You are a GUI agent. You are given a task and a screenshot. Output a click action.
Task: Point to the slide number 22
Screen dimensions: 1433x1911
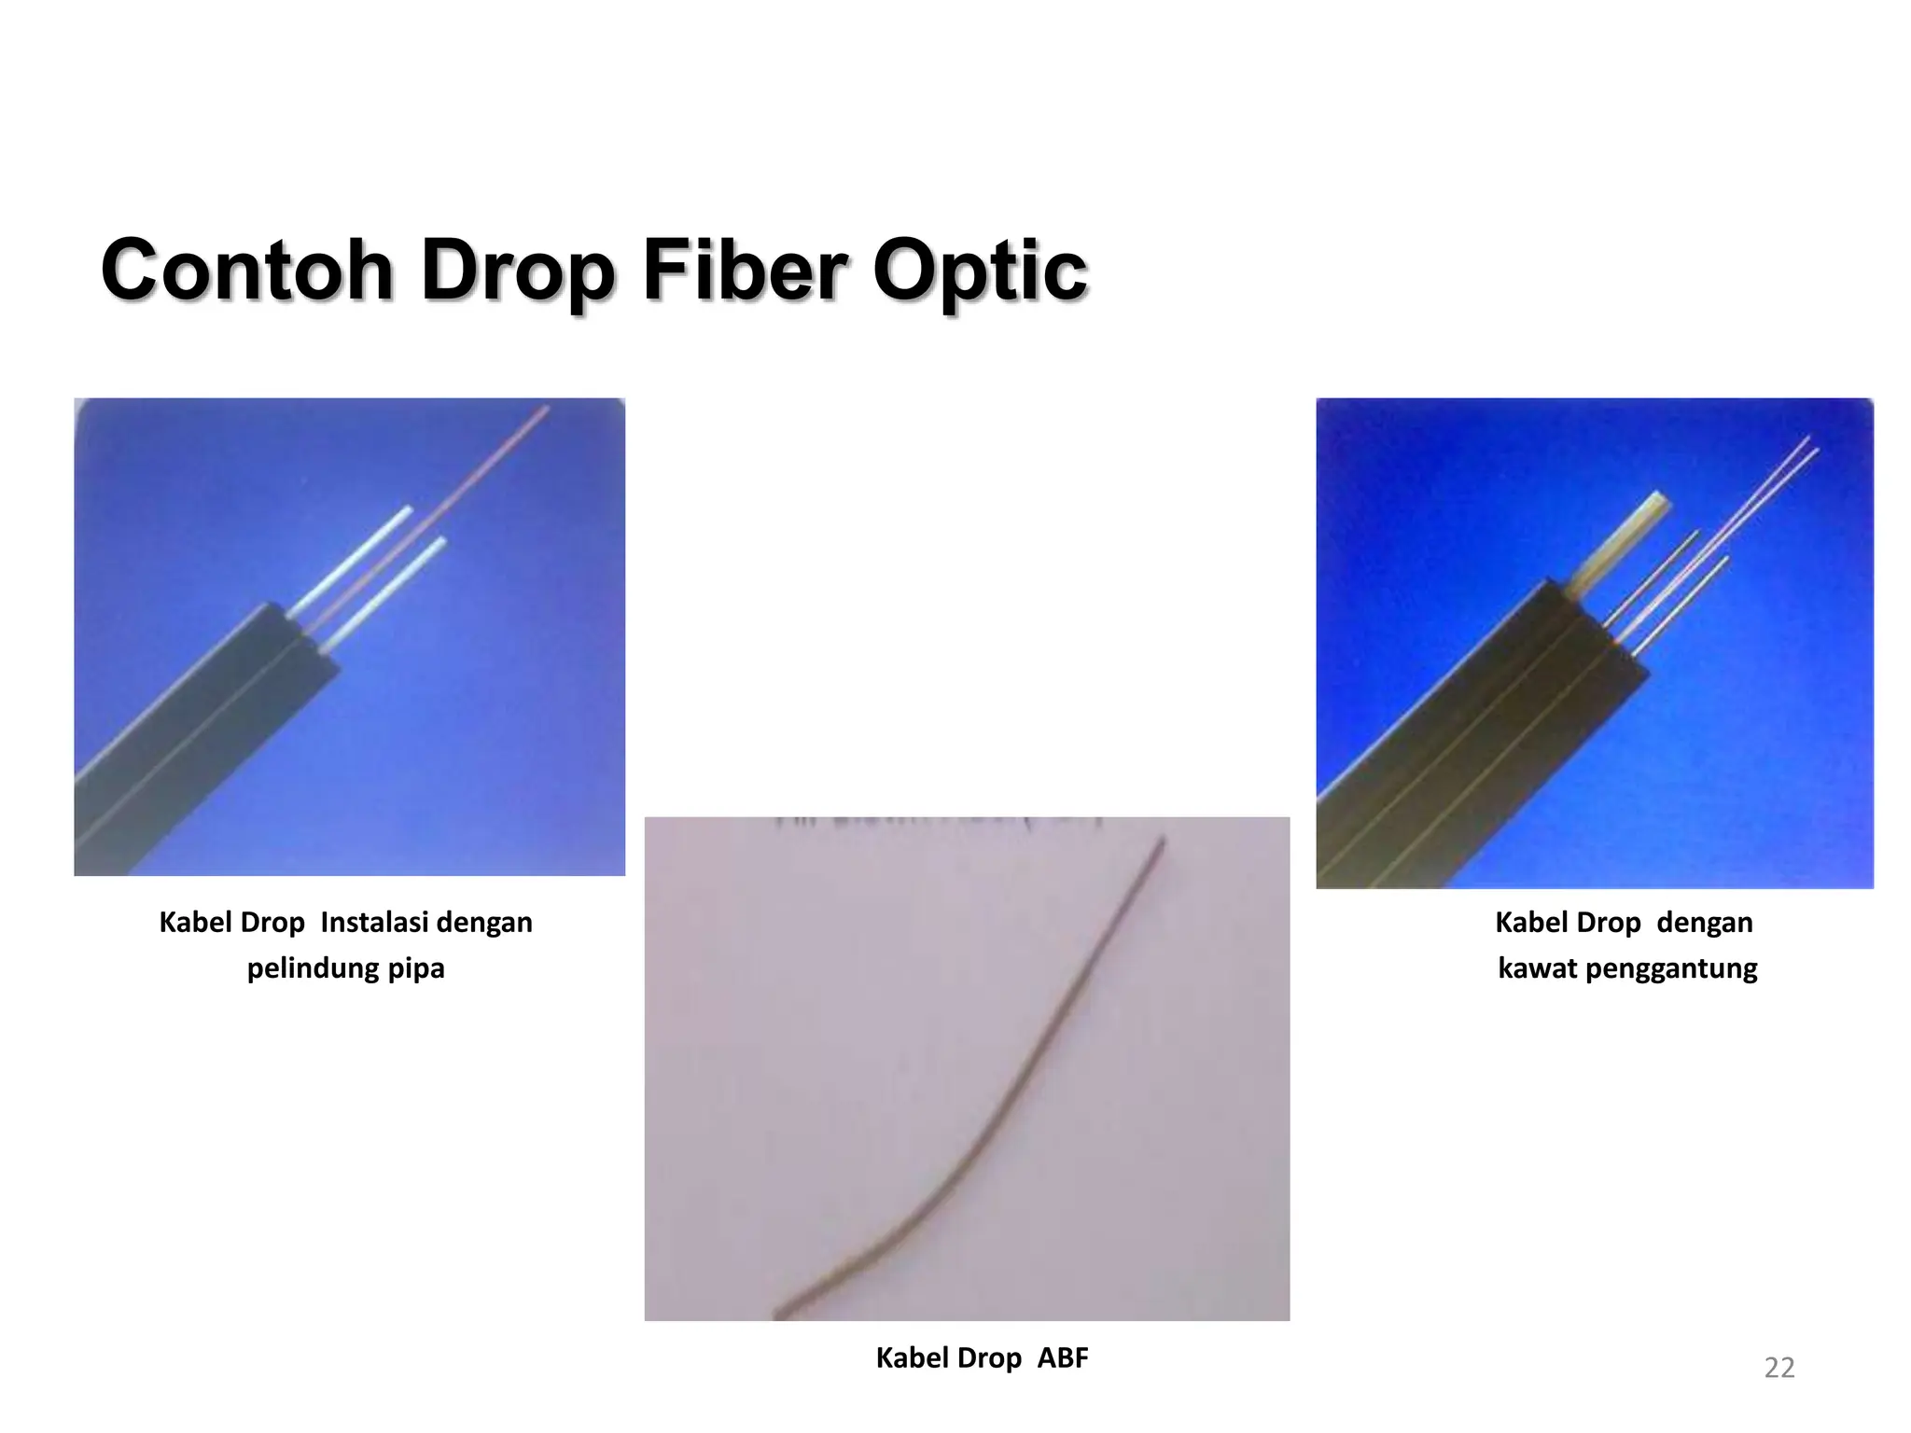tap(1778, 1368)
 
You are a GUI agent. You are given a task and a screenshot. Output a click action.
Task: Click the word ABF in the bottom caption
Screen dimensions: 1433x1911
tap(1062, 1358)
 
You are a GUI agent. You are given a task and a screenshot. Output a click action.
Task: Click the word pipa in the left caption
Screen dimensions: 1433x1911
tap(418, 969)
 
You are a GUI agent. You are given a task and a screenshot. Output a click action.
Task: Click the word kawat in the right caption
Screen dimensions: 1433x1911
tap(1537, 967)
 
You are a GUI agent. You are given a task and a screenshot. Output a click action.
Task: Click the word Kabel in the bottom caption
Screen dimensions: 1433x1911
tap(910, 1358)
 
